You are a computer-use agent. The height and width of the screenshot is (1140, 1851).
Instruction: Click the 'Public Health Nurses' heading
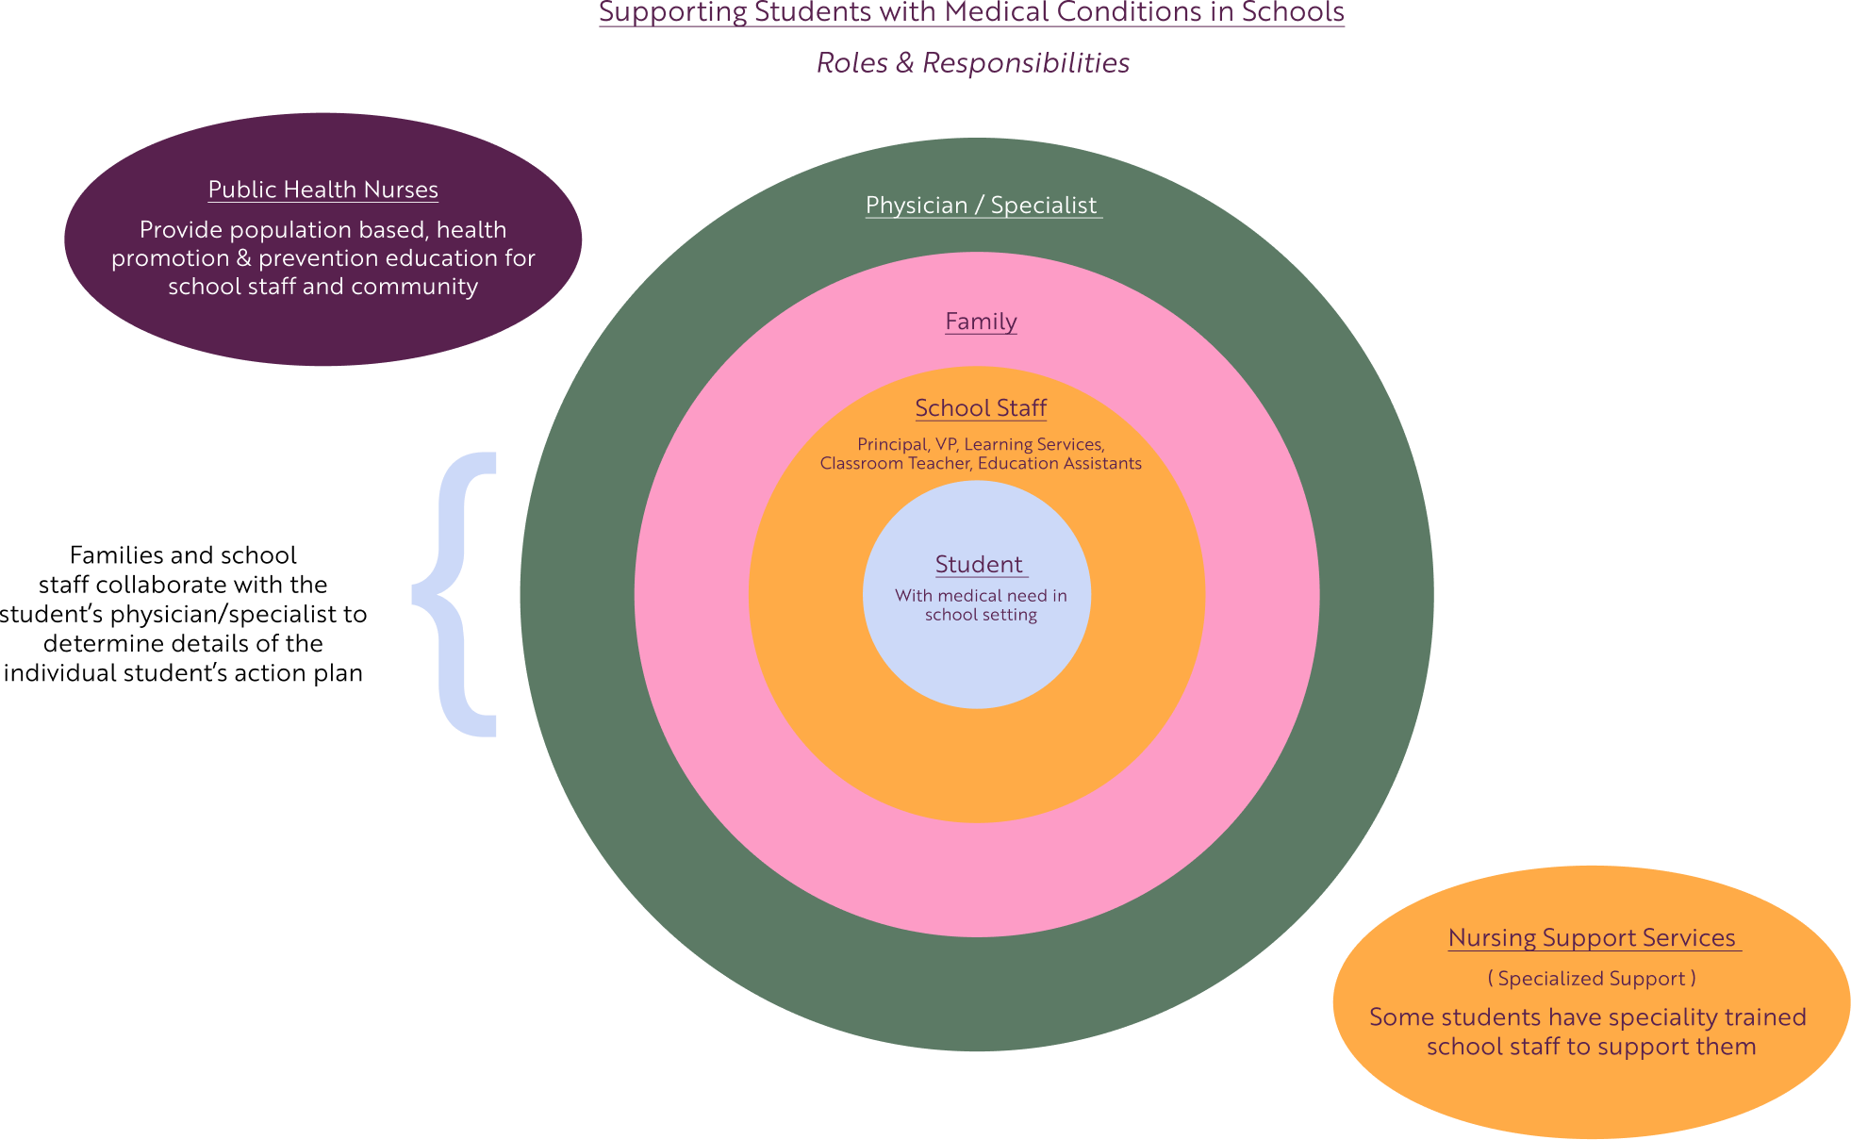[322, 190]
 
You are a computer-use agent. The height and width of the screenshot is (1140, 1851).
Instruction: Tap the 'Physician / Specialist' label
[982, 206]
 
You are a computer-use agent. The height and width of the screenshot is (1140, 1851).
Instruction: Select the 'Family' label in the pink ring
[981, 322]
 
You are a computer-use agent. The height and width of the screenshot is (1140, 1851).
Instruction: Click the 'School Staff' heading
[981, 408]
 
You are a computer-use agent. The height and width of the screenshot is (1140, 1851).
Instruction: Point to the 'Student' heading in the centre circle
[979, 565]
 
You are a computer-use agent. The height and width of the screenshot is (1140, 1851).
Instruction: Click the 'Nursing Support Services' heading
[1592, 938]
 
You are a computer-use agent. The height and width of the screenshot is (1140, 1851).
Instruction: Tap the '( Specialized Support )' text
[1592, 979]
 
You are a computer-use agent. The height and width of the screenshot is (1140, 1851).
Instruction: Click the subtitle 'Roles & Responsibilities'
[972, 63]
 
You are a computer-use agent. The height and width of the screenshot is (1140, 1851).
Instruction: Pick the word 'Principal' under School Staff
[891, 444]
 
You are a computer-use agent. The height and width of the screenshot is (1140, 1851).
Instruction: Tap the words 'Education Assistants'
[1059, 464]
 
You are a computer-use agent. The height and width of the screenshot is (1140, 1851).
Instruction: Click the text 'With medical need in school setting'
[981, 605]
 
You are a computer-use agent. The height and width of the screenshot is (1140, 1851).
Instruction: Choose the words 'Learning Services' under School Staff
[1033, 444]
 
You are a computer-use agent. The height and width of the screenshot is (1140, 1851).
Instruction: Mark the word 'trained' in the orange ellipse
[1768, 1017]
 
